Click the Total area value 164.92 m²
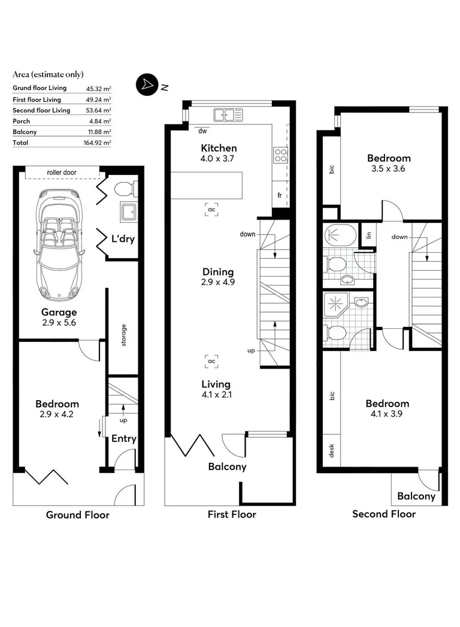coord(98,143)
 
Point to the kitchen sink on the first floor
coord(227,114)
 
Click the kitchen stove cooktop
coord(280,155)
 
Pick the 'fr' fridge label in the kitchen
coord(279,195)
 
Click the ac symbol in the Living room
coord(211,362)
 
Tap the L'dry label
coord(123,239)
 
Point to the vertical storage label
coord(124,335)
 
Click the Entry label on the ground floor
coord(124,438)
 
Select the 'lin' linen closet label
coord(369,235)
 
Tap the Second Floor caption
coord(383,514)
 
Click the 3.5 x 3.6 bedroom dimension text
coord(389,169)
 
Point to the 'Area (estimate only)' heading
coord(48,75)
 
